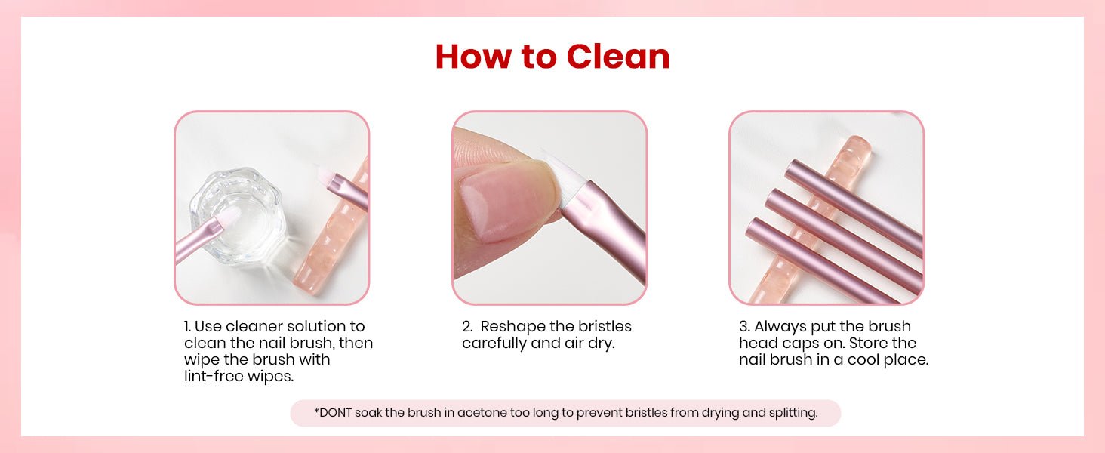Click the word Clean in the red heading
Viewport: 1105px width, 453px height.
click(x=618, y=57)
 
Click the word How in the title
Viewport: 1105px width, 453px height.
click(x=473, y=57)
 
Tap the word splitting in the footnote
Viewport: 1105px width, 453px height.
click(x=793, y=413)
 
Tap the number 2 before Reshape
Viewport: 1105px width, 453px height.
click(x=467, y=327)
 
